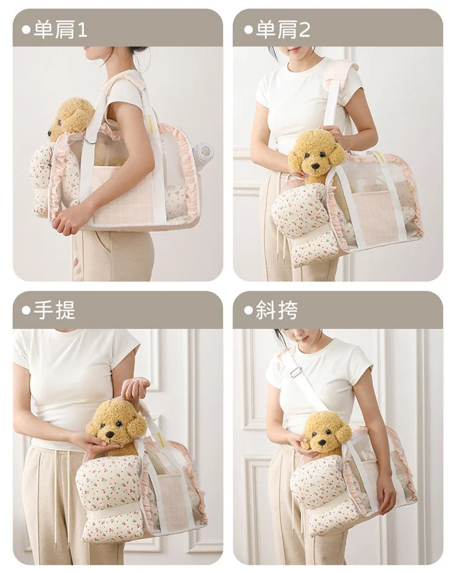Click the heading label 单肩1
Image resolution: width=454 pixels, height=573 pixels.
(61, 30)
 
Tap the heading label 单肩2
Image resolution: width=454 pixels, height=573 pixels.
(283, 30)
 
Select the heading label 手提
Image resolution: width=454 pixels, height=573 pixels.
(54, 310)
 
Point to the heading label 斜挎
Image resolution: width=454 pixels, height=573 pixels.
(277, 310)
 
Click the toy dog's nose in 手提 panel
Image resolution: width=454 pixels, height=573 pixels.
(110, 435)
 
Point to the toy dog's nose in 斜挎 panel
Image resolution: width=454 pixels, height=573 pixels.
(321, 442)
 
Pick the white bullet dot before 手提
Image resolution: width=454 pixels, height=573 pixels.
(26, 311)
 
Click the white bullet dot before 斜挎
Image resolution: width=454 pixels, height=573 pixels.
(248, 311)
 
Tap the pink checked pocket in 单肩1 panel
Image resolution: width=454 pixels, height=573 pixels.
(123, 195)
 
